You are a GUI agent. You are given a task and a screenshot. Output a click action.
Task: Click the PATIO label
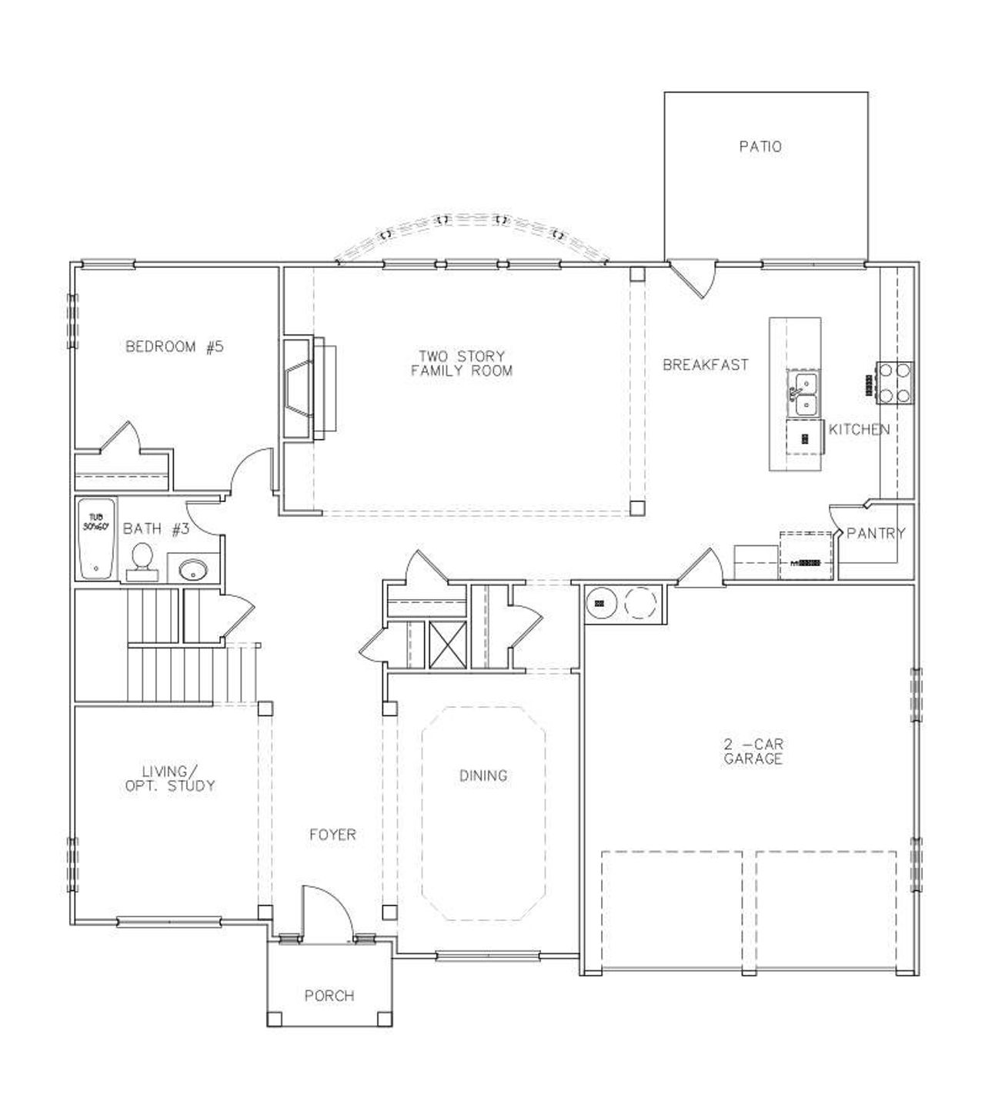tap(760, 146)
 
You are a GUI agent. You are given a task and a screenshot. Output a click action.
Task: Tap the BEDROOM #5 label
tap(175, 347)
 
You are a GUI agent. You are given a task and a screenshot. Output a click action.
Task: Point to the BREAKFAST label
tap(706, 365)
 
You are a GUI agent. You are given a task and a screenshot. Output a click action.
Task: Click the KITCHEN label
tap(859, 430)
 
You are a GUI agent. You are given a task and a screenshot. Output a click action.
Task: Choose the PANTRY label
tap(876, 533)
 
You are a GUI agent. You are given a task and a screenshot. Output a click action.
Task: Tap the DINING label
tap(483, 776)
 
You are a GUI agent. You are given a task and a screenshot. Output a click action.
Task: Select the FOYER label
tap(332, 834)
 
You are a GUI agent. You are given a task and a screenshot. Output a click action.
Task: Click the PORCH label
tap(329, 996)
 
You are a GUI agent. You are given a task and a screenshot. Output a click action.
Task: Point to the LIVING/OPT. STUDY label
tap(169, 779)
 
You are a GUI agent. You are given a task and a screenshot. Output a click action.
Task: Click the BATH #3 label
tap(156, 529)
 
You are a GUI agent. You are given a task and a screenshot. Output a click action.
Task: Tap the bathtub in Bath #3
tap(96, 538)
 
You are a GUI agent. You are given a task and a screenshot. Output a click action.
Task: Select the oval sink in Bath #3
tap(192, 571)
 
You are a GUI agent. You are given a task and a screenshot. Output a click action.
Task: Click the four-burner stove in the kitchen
tap(895, 383)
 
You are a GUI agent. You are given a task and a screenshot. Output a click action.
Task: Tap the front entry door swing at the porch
tap(326, 913)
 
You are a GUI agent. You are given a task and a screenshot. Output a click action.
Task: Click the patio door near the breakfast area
tap(694, 279)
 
